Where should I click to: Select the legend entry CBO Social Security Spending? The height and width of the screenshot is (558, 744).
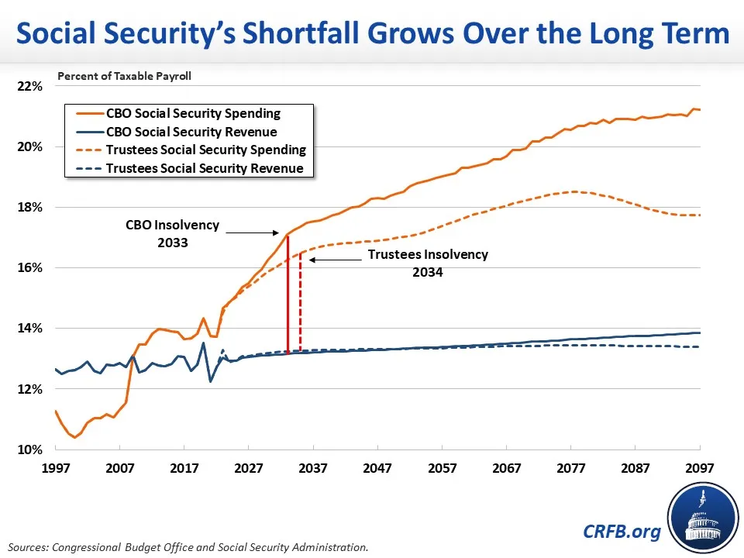click(x=193, y=113)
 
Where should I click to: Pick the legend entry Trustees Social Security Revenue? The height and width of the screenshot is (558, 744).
click(x=205, y=168)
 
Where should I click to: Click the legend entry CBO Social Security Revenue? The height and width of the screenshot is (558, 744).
click(x=191, y=132)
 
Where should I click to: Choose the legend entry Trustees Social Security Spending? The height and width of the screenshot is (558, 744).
click(x=205, y=150)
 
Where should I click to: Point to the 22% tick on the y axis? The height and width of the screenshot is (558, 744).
click(x=30, y=86)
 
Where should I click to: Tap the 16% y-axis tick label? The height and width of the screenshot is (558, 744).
click(x=30, y=268)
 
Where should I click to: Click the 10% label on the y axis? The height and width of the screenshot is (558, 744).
click(x=30, y=450)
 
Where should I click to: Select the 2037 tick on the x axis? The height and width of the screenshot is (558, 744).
click(x=313, y=468)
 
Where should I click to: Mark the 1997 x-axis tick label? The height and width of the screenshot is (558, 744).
click(x=55, y=468)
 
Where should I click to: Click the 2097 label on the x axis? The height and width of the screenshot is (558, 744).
click(x=699, y=468)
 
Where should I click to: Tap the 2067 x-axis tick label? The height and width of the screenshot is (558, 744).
click(x=506, y=468)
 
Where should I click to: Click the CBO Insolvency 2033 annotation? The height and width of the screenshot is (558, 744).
click(x=173, y=233)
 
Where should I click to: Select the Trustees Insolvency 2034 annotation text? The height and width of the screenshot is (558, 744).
click(x=428, y=263)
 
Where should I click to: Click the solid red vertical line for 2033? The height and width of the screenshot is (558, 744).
click(x=288, y=294)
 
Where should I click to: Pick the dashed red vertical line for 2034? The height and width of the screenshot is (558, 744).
click(x=300, y=302)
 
